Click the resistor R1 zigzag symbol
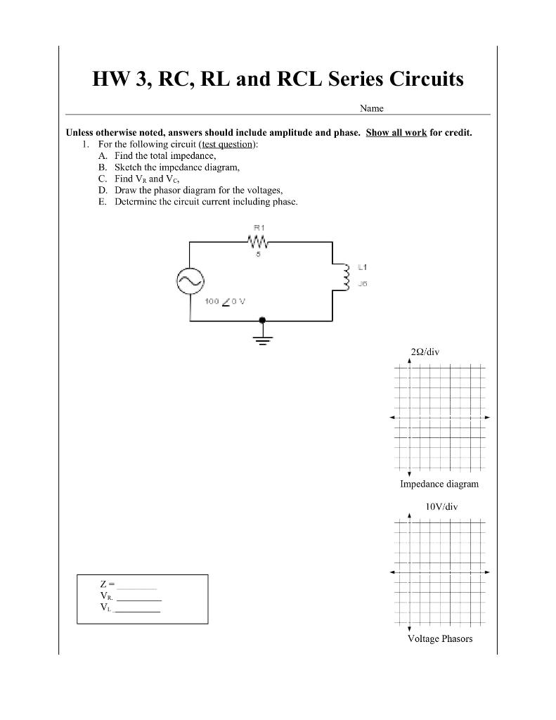tap(257, 242)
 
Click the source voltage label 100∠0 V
tap(225, 301)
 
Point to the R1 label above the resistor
tap(258, 228)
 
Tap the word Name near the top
tap(371, 108)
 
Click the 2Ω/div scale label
tap(425, 352)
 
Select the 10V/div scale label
tap(441, 506)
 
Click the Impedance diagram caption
tap(439, 484)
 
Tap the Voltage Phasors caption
tap(440, 638)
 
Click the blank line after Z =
tap(137, 586)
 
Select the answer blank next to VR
tap(139, 598)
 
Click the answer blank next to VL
tap(138, 610)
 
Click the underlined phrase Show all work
tap(396, 132)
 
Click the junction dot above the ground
tap(262, 320)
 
